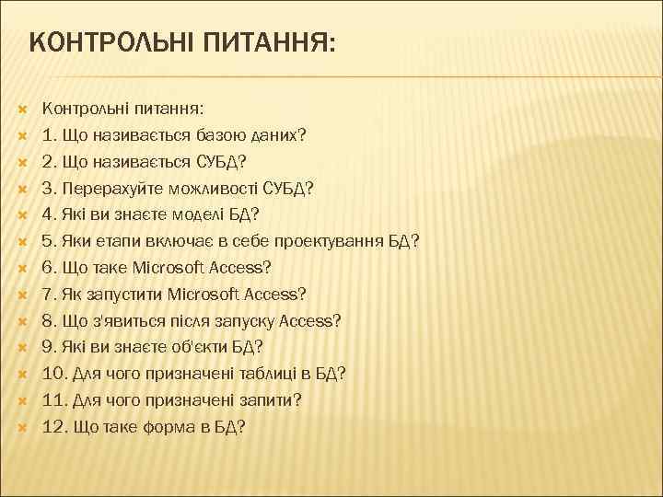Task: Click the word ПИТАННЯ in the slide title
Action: pyautogui.click(x=266, y=42)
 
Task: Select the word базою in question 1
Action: pyautogui.click(x=218, y=135)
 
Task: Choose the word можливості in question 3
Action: pyautogui.click(x=206, y=189)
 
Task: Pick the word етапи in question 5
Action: pyautogui.click(x=116, y=242)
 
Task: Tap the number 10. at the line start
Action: pyautogui.click(x=54, y=374)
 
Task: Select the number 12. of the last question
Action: pyautogui.click(x=54, y=427)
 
